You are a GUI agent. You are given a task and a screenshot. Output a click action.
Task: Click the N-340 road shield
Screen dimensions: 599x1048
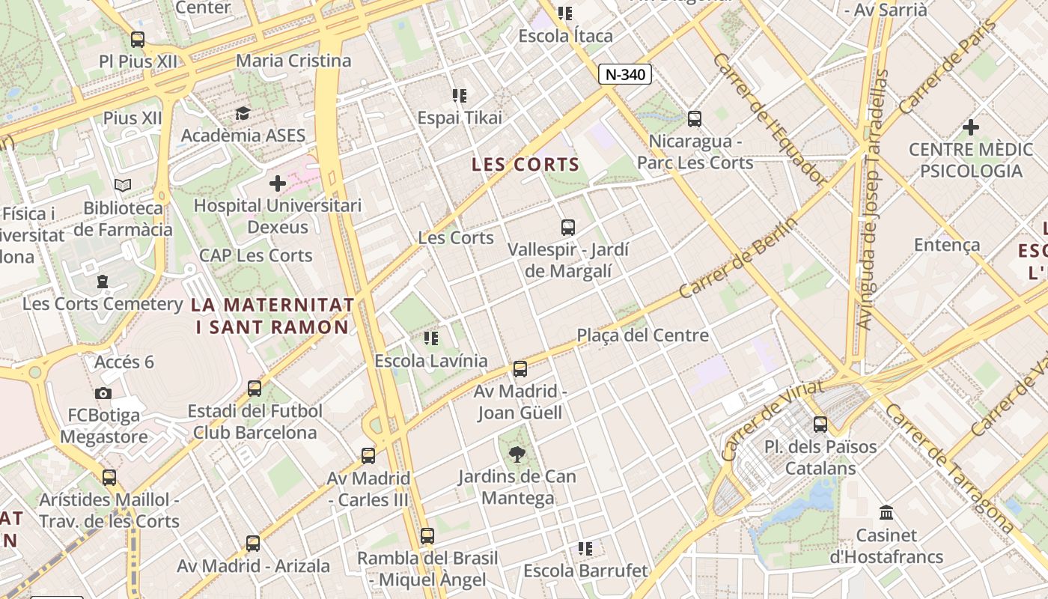625,74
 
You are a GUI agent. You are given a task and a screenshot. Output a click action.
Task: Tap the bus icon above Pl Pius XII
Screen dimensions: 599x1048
137,39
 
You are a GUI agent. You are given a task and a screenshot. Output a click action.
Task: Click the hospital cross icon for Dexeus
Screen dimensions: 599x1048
278,183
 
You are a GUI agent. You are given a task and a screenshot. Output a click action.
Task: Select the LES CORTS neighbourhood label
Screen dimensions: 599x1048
525,165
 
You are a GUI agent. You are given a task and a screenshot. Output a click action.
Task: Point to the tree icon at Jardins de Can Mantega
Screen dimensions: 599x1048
517,454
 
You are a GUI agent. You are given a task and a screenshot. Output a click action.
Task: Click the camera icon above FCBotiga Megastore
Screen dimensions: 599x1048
103,393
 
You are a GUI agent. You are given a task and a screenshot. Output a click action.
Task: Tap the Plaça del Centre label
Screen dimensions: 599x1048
642,335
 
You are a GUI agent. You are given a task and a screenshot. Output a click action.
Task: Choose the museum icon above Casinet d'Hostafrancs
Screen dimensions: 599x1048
886,513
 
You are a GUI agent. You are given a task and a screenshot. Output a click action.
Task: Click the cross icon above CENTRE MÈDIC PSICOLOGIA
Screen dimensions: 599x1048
970,127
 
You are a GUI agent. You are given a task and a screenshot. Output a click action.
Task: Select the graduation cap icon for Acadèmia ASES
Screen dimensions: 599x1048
243,114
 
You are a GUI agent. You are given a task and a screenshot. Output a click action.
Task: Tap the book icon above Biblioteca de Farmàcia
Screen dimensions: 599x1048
123,185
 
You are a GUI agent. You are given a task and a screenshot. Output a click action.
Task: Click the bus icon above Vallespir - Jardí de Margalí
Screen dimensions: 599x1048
568,227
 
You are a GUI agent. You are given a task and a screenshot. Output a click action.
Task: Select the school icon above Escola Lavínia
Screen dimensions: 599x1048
430,338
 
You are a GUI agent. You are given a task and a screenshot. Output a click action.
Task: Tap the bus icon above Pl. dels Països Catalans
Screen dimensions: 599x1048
820,424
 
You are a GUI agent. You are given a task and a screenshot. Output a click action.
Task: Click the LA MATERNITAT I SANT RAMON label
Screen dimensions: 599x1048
272,316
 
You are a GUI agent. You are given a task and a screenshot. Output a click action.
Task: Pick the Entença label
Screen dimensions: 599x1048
947,245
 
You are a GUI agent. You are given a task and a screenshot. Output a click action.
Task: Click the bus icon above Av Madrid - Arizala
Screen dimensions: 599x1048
253,544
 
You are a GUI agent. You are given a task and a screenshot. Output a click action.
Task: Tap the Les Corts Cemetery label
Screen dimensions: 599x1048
103,304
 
